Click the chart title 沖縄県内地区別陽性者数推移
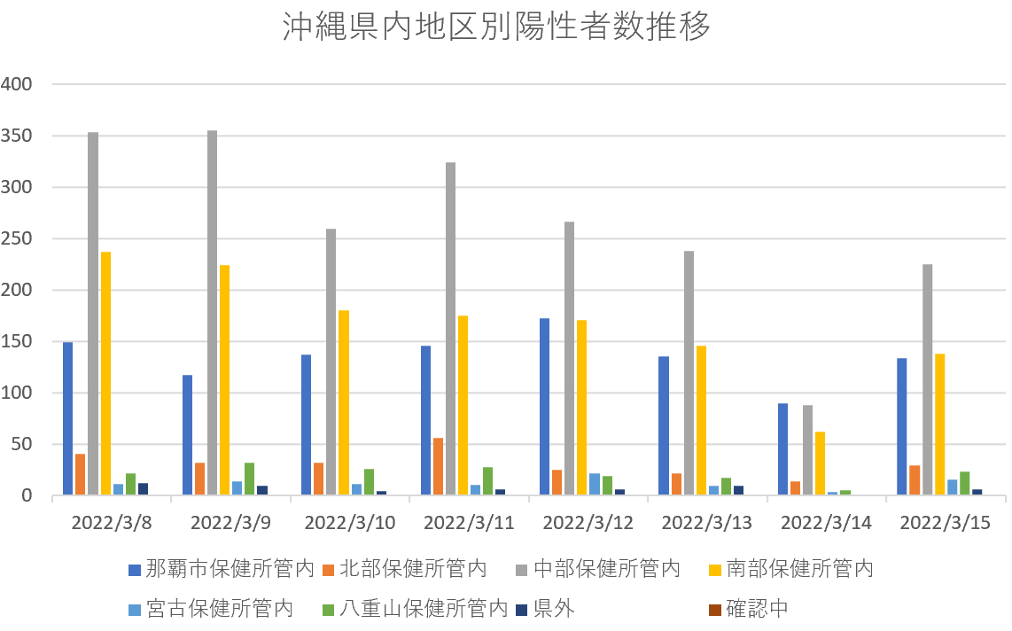(x=496, y=27)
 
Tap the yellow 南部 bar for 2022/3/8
(x=105, y=373)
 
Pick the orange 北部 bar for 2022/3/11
(x=438, y=466)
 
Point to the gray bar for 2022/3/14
(x=807, y=450)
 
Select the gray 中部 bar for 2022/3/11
(x=450, y=329)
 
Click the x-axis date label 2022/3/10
(x=350, y=523)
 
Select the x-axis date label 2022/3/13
(x=707, y=523)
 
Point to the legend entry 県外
(x=554, y=609)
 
